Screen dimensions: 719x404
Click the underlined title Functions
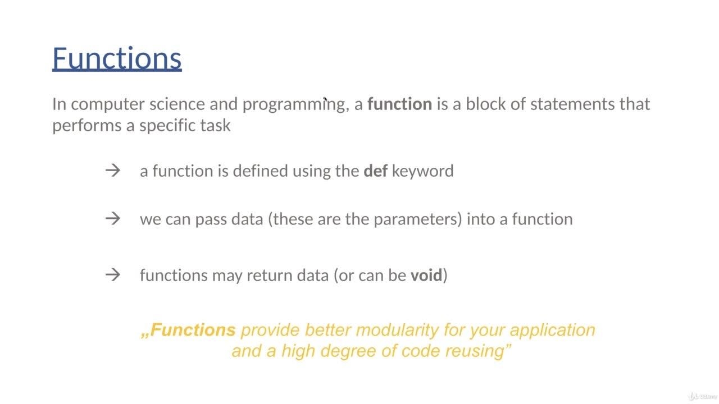tap(117, 58)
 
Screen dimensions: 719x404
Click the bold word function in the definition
tap(399, 104)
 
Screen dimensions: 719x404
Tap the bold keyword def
tap(376, 171)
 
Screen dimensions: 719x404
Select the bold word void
tap(426, 275)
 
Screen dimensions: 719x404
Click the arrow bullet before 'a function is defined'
tap(113, 170)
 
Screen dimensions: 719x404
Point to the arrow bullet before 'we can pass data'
tap(113, 219)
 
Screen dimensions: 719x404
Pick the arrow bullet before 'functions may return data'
tap(113, 275)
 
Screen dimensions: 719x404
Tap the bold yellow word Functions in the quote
tap(193, 330)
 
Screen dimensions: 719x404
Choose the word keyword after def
tap(423, 171)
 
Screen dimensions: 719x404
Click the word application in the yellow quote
tap(552, 330)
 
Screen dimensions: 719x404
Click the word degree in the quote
tap(348, 351)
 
